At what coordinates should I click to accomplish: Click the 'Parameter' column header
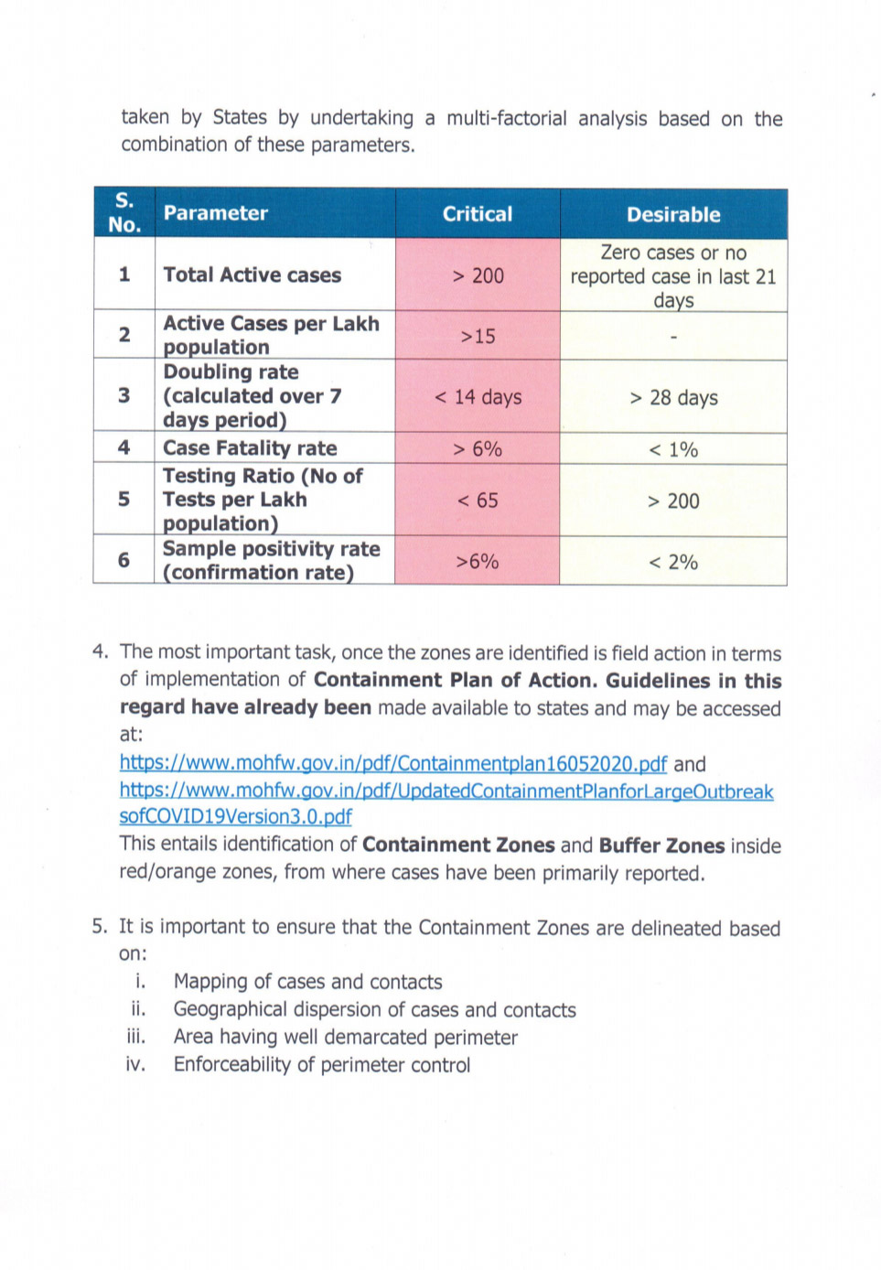216,213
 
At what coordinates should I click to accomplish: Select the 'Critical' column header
477,214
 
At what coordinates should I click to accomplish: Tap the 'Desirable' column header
673,215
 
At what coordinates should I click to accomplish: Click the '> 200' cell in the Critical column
478,275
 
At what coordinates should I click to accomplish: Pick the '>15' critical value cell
478,337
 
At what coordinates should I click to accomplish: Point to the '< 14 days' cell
478,397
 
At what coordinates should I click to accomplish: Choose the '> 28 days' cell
673,398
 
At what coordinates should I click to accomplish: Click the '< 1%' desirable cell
673,449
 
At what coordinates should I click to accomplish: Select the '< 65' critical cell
478,500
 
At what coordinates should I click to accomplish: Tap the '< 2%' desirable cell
673,562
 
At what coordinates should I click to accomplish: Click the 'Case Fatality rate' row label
250,448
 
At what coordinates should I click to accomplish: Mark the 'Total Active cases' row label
252,275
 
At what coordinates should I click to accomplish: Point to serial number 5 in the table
124,500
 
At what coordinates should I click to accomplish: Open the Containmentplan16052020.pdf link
393,764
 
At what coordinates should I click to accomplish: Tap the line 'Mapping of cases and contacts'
307,982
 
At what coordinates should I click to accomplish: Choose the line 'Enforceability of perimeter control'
322,1065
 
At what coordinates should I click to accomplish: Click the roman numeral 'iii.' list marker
136,1037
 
